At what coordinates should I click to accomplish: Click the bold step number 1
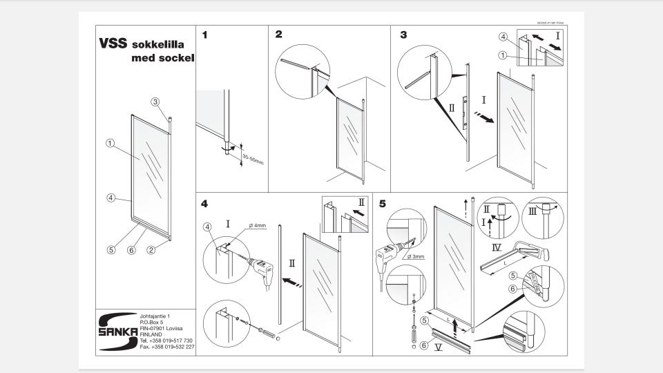[205, 34]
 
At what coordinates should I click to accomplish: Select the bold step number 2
[278, 34]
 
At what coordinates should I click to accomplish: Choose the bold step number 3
[403, 34]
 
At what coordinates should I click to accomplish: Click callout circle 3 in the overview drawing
[155, 102]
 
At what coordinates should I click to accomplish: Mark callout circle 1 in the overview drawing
[110, 144]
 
